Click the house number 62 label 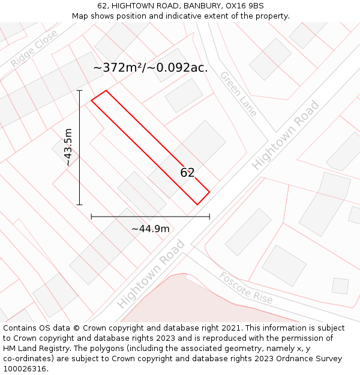187,173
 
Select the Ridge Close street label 34,48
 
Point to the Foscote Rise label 246,288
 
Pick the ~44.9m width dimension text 150,229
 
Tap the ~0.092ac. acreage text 179,68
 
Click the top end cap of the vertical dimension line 79,91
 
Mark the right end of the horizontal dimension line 209,217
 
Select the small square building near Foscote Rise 340,286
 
